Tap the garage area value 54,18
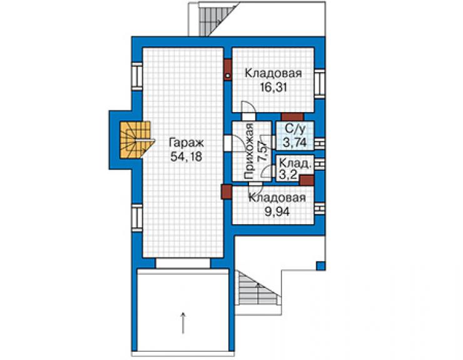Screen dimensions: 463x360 (186, 157)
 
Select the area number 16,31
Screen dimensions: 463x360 (273, 88)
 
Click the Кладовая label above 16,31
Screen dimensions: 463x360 (273, 73)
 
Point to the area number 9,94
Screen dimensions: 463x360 (277, 212)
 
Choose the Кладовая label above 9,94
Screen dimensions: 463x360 (277, 198)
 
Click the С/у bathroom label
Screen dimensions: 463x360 (295, 128)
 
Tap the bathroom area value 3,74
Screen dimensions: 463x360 (295, 143)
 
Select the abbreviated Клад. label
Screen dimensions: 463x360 (295, 163)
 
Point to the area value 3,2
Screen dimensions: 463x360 (288, 175)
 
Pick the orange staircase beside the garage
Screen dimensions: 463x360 (137, 140)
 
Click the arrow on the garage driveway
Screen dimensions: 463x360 (183, 323)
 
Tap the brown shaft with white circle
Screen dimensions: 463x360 (228, 69)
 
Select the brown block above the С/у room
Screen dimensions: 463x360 (292, 116)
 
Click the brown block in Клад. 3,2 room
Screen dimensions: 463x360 (307, 180)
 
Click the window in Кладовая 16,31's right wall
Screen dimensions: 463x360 (320, 84)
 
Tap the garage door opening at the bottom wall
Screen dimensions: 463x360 (183, 263)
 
